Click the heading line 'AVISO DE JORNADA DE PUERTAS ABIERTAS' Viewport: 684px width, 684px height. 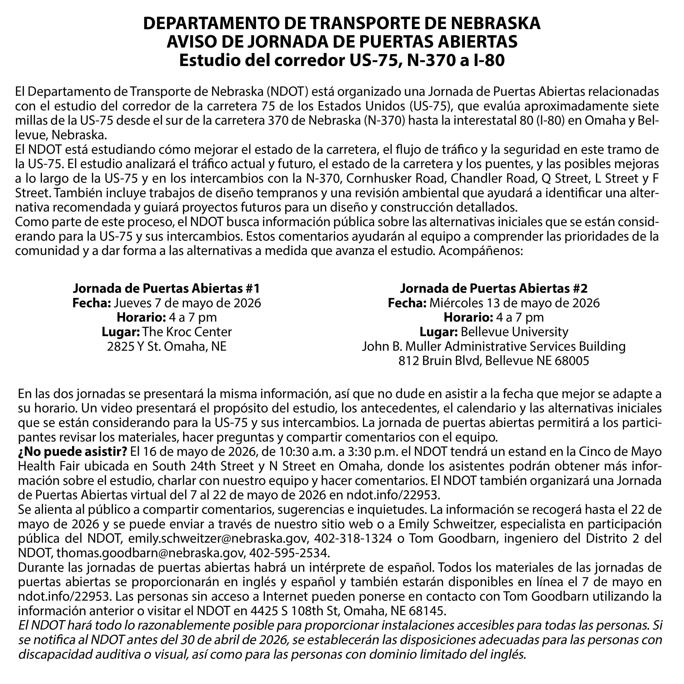tap(342, 42)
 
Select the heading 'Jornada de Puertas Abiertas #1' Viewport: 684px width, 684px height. tap(166, 289)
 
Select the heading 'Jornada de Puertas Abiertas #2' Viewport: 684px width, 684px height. tap(494, 289)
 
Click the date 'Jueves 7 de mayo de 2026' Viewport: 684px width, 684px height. tap(187, 303)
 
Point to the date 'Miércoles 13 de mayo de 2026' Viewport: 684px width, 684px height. tap(514, 303)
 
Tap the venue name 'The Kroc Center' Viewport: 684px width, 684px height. tap(187, 332)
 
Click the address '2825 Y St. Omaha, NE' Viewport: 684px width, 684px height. tap(166, 346)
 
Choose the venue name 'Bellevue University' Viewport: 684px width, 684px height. tap(514, 332)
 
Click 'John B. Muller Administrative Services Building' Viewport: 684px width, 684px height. tap(494, 346)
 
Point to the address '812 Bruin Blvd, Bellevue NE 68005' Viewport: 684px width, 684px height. tap(494, 361)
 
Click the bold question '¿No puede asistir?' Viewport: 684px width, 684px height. tap(73, 452)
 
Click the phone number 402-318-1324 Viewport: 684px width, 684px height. tap(353, 538)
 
